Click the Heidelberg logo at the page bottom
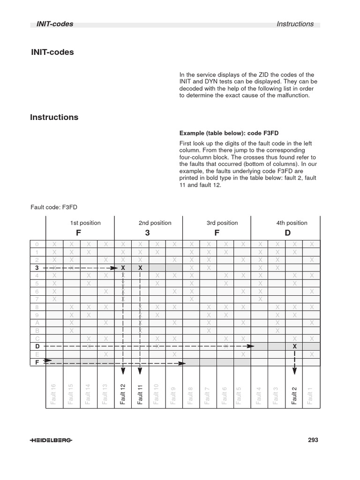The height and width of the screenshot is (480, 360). tap(52, 440)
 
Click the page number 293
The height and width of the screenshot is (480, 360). tap(313, 440)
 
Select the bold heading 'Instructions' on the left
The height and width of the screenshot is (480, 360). tap(54, 117)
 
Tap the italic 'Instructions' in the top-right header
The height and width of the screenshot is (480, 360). tap(295, 24)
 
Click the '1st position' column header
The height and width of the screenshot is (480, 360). tap(85, 223)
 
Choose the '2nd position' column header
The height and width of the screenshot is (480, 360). tap(155, 223)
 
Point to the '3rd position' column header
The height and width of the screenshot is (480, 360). tap(222, 223)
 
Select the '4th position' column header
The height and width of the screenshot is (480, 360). tap(292, 223)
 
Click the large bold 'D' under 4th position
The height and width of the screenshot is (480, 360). tap(288, 233)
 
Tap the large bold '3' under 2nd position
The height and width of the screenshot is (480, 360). tap(147, 233)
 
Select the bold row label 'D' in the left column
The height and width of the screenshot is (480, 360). tap(37, 346)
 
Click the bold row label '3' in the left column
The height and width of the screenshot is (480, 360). tap(37, 268)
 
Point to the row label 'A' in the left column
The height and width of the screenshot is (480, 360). tap(37, 322)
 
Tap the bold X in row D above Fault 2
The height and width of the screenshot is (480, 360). tap(294, 346)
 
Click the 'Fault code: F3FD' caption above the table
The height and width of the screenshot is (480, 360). tap(57, 206)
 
